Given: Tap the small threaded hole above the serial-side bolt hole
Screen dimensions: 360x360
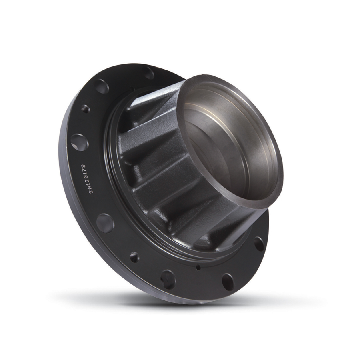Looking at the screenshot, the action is (x=85, y=108).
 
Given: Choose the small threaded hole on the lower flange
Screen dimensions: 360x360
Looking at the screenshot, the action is (x=134, y=257).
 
